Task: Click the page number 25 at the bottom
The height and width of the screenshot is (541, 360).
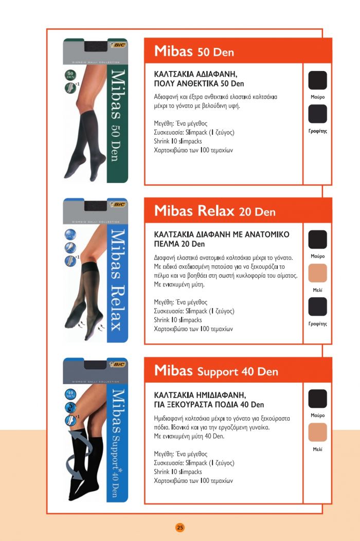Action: [x=179, y=527]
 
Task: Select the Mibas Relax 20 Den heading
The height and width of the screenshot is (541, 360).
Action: [x=214, y=211]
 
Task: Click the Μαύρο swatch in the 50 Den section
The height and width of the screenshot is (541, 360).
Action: [x=317, y=81]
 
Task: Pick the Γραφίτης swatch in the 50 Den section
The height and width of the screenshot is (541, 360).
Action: [x=317, y=114]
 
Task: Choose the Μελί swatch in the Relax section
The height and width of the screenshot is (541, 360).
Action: [x=317, y=273]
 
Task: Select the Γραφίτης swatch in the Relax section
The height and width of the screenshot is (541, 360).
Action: [x=317, y=307]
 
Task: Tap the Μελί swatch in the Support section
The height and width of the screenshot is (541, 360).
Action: [x=317, y=432]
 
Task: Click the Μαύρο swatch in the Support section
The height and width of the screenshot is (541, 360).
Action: [x=317, y=399]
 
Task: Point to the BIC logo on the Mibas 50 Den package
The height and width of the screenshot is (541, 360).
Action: [x=117, y=45]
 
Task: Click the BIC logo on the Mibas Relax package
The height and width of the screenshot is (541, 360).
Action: [x=118, y=204]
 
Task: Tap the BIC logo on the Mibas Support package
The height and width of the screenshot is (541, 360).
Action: [x=118, y=364]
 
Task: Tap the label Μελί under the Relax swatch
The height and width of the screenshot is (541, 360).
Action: [x=317, y=290]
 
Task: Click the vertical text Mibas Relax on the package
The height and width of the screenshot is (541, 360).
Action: [x=116, y=280]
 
